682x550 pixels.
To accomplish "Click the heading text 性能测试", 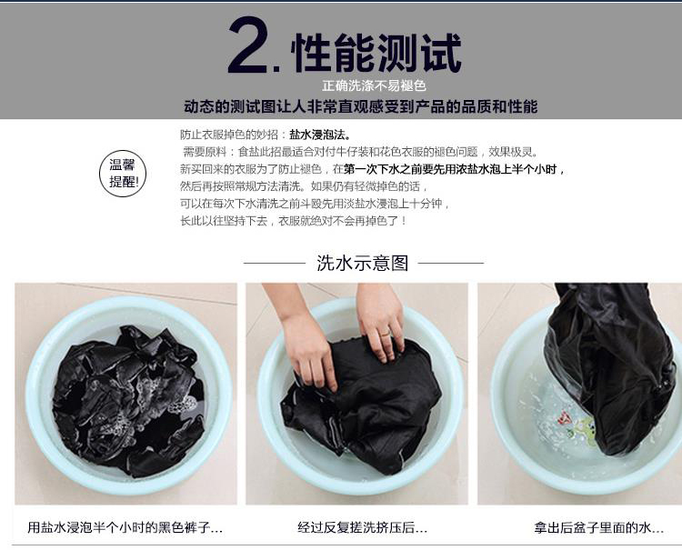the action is pos(376,53).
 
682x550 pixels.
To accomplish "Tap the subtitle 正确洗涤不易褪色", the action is pos(374,85).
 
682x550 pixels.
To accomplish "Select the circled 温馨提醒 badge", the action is pos(123,173).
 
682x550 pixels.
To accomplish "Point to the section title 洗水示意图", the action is pos(363,263).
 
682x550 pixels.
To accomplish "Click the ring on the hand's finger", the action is pos(386,335).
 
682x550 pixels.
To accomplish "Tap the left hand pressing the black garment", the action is pos(305,344).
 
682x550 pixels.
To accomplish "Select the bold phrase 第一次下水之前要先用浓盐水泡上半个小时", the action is pos(455,169).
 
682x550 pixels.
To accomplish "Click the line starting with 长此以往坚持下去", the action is pos(294,221).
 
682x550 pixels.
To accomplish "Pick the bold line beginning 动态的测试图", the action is pos(361,106).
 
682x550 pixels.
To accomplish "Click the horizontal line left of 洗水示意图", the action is pos(275,263).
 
